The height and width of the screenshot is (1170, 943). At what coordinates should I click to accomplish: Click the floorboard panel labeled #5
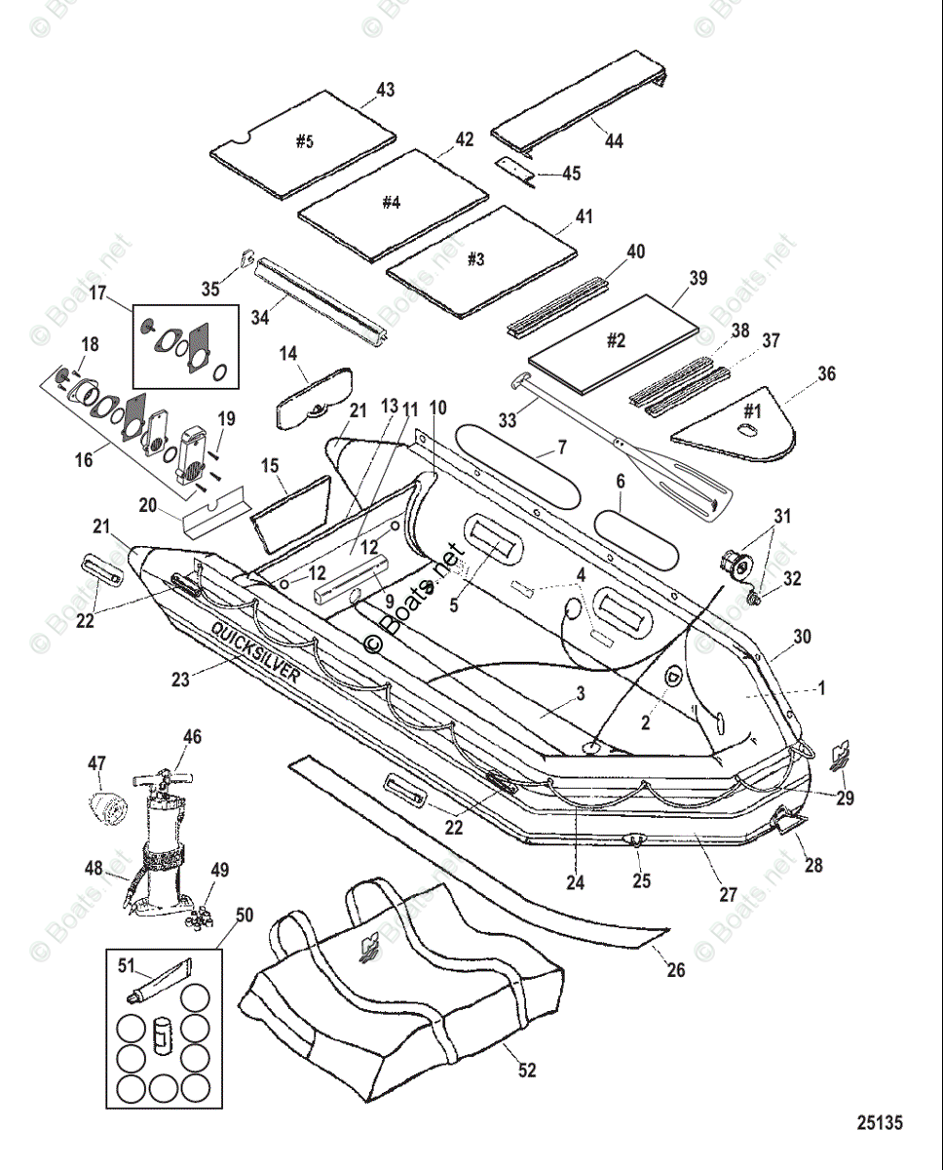(303, 143)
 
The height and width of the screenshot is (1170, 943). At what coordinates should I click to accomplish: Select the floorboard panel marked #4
(393, 205)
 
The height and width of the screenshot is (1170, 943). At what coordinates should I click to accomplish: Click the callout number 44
(614, 141)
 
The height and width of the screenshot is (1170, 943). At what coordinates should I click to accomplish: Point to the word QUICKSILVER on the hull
(254, 651)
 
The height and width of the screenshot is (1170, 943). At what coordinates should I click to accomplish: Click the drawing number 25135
(880, 1122)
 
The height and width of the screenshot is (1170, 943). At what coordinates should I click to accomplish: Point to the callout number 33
(508, 420)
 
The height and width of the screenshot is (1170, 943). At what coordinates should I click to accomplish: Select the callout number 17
(97, 293)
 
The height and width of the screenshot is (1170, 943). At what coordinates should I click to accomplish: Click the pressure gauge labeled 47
(109, 810)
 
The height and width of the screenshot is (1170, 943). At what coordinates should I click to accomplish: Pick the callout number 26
(676, 970)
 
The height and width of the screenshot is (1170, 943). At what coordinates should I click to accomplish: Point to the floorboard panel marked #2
(613, 344)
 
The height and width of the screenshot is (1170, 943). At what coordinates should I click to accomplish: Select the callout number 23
(180, 679)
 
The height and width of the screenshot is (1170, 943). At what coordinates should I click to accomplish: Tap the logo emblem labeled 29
(840, 757)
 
